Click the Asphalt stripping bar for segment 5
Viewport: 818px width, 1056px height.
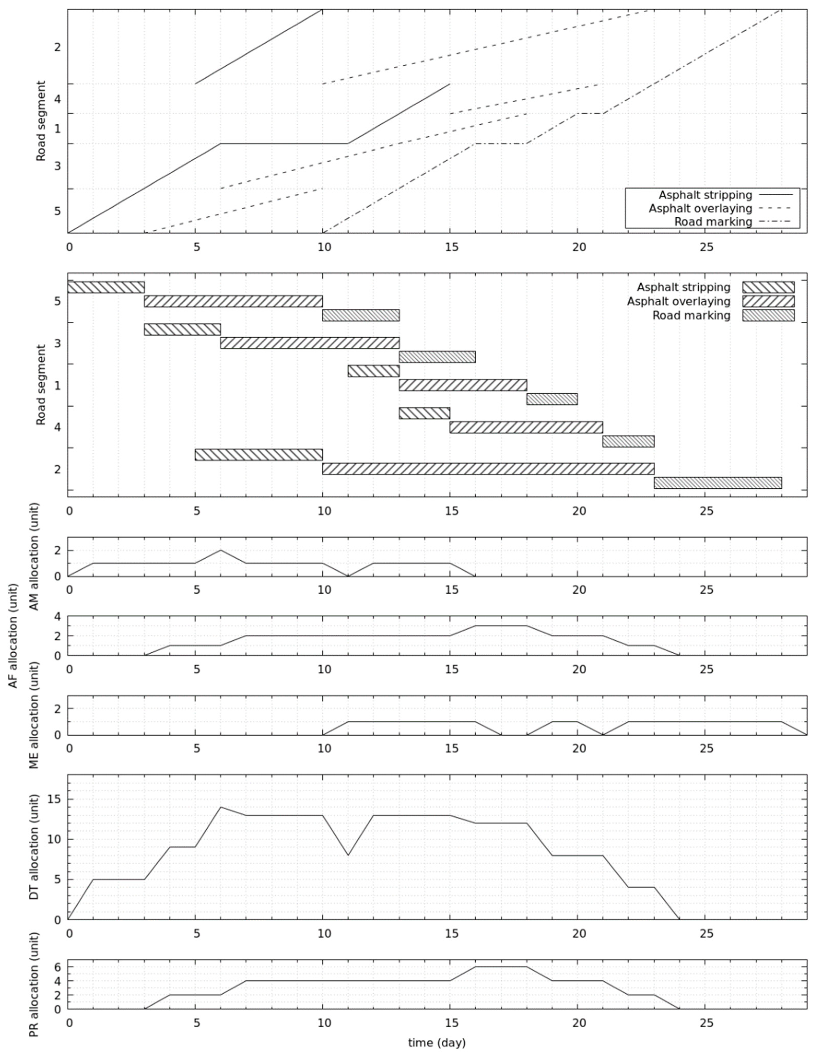106,287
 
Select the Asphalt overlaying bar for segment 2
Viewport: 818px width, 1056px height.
488,469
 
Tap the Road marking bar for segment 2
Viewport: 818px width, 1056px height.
717,483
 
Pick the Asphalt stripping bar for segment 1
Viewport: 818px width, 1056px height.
374,371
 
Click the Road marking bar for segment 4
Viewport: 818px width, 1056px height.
628,441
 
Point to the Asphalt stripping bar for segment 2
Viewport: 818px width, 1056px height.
259,455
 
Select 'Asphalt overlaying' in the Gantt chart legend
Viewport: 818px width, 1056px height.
679,301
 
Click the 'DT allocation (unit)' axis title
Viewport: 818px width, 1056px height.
34,847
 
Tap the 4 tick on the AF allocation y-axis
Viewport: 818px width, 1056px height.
58,616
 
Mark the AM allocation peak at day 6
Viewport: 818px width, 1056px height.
221,550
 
